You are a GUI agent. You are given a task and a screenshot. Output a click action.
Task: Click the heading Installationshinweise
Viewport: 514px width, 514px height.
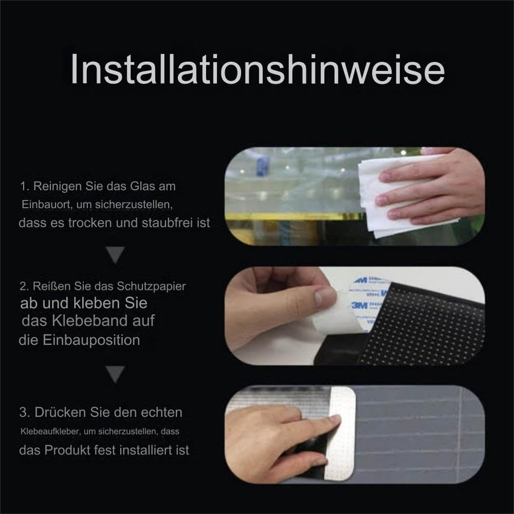(x=258, y=69)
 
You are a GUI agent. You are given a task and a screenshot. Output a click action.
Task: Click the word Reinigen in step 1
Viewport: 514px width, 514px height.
(x=57, y=187)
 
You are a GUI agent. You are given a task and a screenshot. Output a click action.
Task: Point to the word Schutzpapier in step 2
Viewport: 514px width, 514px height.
(x=151, y=287)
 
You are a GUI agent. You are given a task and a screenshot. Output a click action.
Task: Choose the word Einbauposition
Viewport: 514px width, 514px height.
(x=91, y=340)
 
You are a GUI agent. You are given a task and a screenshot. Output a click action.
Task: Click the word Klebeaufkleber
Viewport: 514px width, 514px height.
(x=50, y=431)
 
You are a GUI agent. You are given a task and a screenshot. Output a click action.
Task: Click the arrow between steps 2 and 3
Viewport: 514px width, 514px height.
(x=115, y=374)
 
